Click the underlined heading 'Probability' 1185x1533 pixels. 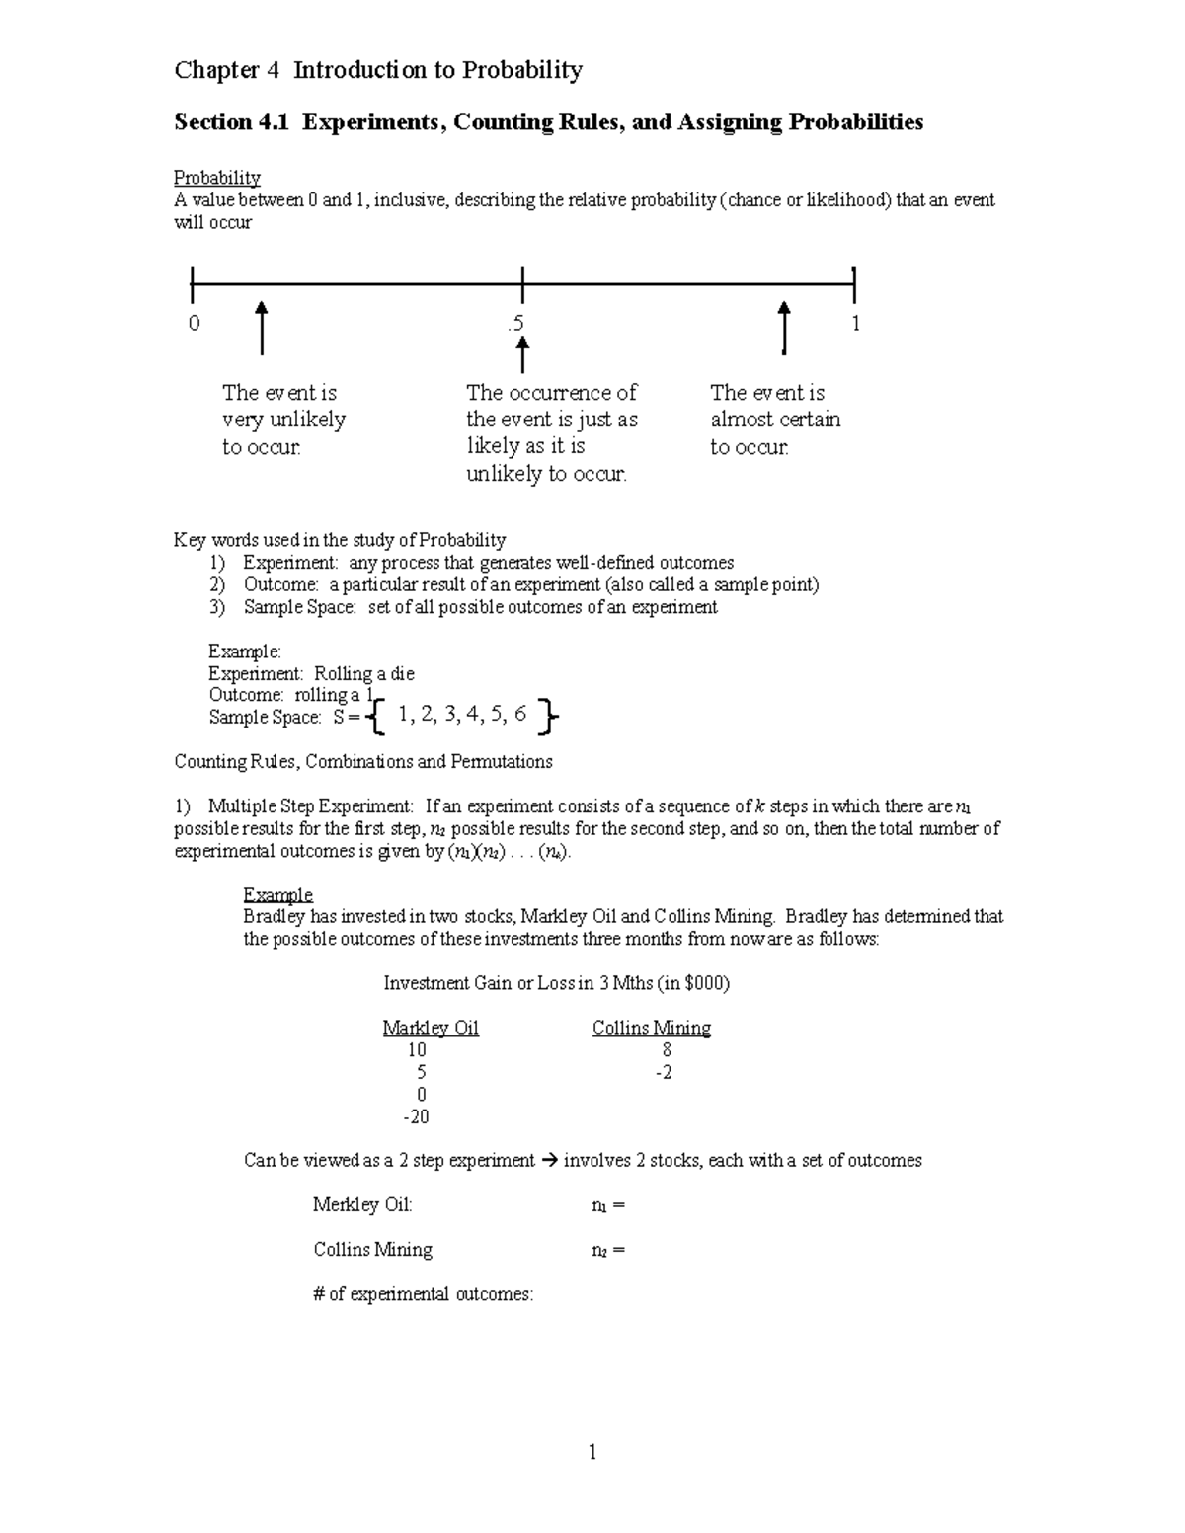pos(217,178)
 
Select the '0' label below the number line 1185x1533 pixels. pos(194,324)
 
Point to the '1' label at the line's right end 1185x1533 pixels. pos(855,324)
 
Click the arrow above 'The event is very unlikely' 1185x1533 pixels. pos(262,328)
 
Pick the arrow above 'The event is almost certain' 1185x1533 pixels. pos(784,328)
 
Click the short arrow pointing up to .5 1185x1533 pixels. pos(522,354)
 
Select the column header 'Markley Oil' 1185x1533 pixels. pos(431,1028)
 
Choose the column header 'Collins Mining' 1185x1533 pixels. pos(651,1028)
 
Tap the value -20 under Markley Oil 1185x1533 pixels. pos(416,1116)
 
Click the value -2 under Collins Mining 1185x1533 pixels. pos(664,1072)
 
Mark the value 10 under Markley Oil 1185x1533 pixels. pos(417,1050)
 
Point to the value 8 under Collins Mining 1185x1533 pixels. pos(667,1050)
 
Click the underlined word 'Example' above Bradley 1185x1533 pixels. pos(277,894)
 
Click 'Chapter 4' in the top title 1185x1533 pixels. pos(227,70)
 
